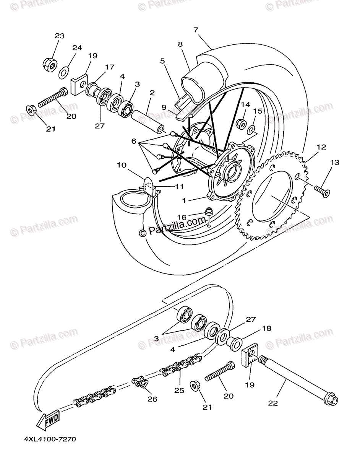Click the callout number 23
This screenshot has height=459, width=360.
tap(59, 36)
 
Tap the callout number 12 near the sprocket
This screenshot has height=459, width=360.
tap(321, 146)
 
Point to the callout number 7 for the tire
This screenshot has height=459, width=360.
tap(196, 29)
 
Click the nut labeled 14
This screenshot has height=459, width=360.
tap(242, 124)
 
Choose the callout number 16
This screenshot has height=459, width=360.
tap(182, 217)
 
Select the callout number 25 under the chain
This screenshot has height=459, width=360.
tap(179, 391)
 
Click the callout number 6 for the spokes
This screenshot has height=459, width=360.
tap(134, 141)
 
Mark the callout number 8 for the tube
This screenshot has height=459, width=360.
tap(180, 44)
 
